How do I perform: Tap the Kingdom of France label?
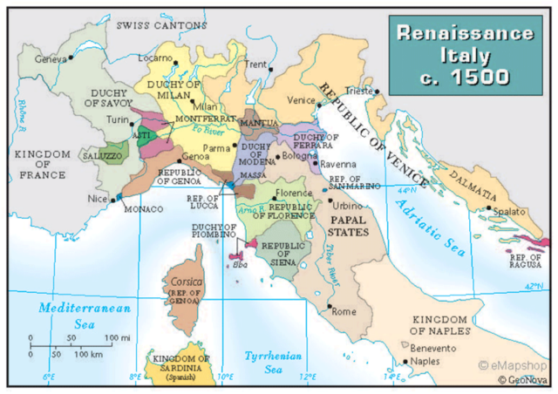(x=40, y=162)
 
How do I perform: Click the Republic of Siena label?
(x=285, y=228)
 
